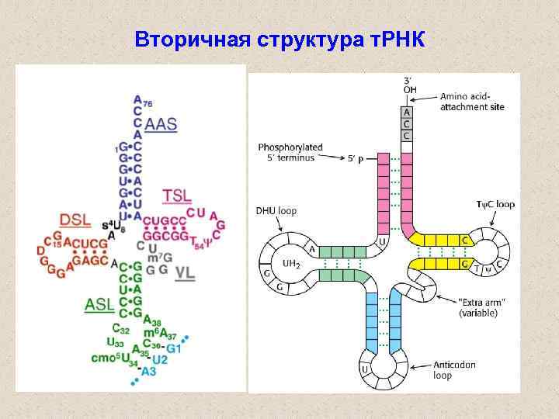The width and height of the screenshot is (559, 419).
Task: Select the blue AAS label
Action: pyautogui.click(x=161, y=124)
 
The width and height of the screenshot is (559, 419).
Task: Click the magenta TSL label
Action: pyautogui.click(x=177, y=196)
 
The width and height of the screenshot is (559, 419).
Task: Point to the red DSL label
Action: pyautogui.click(x=75, y=220)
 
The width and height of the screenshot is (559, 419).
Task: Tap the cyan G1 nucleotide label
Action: pyautogui.click(x=173, y=348)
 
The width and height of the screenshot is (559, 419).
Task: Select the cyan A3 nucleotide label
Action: pyautogui.click(x=148, y=372)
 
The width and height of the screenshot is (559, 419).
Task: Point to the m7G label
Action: pyautogui.click(x=165, y=258)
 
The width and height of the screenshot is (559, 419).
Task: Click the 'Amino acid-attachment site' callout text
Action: pyautogui.click(x=470, y=102)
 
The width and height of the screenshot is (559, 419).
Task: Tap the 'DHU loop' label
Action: pyautogui.click(x=276, y=210)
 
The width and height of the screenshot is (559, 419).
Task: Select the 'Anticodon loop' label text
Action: pyautogui.click(x=454, y=369)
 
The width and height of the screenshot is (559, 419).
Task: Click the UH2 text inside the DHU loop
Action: pyautogui.click(x=291, y=264)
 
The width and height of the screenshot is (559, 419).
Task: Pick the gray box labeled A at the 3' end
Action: pyautogui.click(x=407, y=112)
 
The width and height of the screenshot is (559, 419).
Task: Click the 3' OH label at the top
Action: pyautogui.click(x=409, y=85)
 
